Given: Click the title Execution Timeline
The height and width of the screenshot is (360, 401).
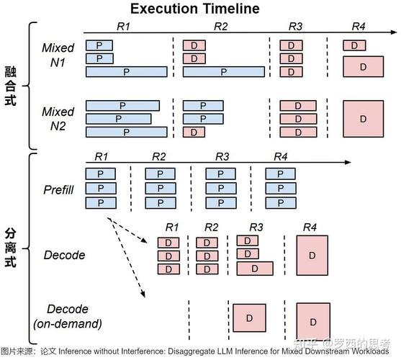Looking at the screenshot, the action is click(x=195, y=9).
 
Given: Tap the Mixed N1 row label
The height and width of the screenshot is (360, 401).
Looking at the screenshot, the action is click(x=58, y=55).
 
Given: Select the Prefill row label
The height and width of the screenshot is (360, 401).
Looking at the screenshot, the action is click(x=58, y=189).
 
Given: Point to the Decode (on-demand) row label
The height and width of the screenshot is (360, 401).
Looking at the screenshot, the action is click(x=68, y=316).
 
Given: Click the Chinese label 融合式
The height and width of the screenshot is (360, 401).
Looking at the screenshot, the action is click(x=11, y=86).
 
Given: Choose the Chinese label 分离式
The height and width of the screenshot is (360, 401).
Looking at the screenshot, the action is click(x=11, y=248).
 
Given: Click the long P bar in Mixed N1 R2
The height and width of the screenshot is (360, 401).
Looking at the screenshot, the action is click(x=224, y=72).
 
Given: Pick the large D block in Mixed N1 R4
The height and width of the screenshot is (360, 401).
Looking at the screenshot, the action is click(x=363, y=67).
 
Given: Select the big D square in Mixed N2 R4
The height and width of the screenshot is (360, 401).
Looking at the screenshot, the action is click(x=363, y=119).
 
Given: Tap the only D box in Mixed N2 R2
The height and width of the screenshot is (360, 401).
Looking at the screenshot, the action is click(x=194, y=132).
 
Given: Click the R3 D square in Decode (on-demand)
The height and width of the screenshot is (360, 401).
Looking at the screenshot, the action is click(x=249, y=318).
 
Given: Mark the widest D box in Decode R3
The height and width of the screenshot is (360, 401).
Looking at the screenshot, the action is click(x=255, y=269).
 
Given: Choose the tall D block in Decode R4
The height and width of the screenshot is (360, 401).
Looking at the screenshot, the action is click(x=312, y=255).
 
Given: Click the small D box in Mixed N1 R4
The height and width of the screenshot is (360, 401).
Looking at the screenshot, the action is click(x=354, y=45).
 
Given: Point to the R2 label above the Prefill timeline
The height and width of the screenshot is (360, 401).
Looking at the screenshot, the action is click(x=159, y=156).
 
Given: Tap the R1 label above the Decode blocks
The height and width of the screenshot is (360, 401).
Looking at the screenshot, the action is click(x=172, y=227).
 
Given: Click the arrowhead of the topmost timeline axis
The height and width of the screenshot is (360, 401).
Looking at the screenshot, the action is click(x=394, y=32).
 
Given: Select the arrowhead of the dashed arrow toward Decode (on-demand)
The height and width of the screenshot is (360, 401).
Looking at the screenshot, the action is click(x=143, y=294).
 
